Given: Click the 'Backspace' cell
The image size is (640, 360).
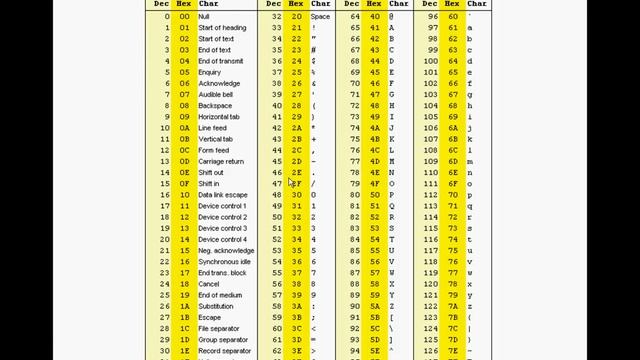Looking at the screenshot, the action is click(215, 105).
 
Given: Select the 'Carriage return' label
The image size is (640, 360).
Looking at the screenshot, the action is click(221, 161).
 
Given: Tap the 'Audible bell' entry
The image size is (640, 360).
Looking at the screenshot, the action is click(215, 94).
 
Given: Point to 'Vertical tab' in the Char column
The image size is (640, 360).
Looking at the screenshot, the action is click(215, 139).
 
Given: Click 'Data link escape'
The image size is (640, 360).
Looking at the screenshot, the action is click(223, 195).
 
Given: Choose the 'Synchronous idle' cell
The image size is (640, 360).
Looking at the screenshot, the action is click(225, 262).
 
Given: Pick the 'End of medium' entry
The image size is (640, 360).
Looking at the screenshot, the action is click(220, 295).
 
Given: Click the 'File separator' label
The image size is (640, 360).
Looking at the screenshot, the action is click(219, 329).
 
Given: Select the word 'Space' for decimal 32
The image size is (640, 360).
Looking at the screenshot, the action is click(320, 17).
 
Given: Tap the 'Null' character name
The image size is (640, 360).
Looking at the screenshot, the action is click(204, 17).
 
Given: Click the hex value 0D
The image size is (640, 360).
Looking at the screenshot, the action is click(184, 161).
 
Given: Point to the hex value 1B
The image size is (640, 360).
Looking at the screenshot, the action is click(184, 318).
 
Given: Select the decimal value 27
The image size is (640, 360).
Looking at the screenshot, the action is click(165, 318).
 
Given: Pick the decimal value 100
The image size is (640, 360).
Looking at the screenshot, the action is click(431, 61).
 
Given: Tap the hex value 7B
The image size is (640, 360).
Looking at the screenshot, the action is click(453, 318).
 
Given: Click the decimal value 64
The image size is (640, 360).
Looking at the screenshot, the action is click(355, 17).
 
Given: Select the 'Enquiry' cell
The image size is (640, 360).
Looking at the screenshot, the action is click(210, 72).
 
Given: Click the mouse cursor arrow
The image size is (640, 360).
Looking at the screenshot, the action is click(291, 181).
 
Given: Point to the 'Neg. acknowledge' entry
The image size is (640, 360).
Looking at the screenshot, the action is click(226, 251).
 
